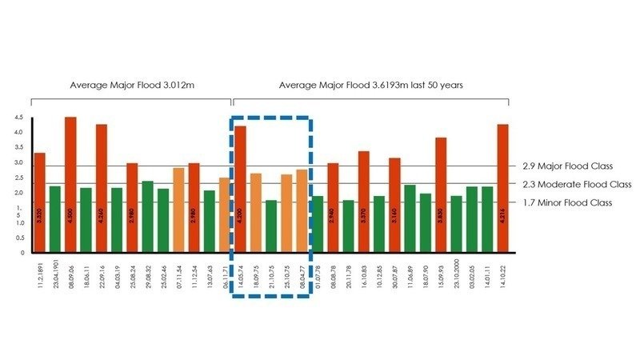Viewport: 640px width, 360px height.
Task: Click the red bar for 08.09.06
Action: coord(70,184)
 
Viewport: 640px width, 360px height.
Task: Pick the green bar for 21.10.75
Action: coord(271,226)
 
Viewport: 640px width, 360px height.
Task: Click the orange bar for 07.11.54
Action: coord(178,210)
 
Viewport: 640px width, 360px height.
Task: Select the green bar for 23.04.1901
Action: coord(54,218)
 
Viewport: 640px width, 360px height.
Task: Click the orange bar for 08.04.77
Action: coord(302,210)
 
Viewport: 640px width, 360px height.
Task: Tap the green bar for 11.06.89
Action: coord(410,218)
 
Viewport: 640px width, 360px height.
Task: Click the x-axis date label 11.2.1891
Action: coord(39,276)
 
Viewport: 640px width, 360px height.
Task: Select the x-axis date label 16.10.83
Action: coord(364,275)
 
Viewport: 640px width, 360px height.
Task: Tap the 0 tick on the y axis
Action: coord(21,253)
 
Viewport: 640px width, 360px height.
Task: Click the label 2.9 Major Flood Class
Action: coord(567,166)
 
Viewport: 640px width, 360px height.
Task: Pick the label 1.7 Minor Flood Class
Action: coord(567,202)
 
